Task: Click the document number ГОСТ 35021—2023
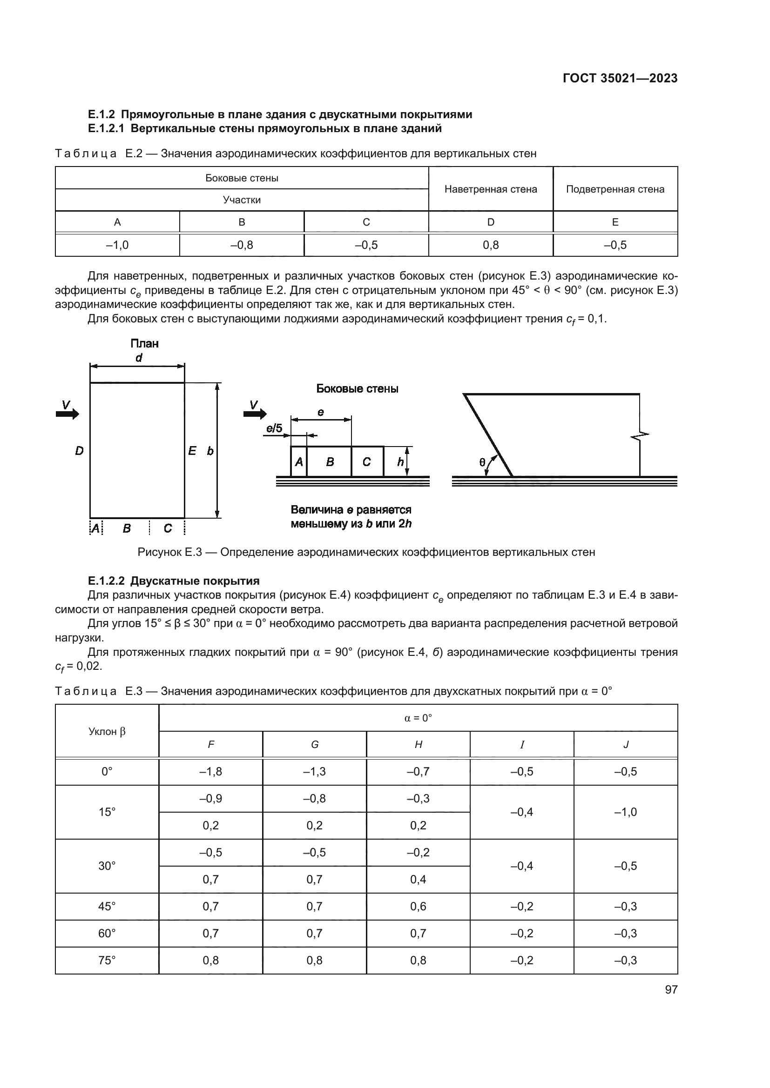(620, 78)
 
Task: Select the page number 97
(671, 989)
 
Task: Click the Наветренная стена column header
(490, 189)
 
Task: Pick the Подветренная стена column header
(615, 189)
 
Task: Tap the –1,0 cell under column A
(117, 245)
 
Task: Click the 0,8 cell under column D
(490, 245)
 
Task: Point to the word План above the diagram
(144, 343)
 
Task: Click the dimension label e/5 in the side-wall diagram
(274, 428)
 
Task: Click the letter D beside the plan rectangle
(79, 451)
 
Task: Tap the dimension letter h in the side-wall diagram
(400, 461)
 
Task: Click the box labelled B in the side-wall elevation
(330, 461)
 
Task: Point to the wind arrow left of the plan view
(68, 414)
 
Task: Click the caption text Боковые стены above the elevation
(357, 388)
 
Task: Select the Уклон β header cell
(107, 731)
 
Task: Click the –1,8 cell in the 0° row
(210, 771)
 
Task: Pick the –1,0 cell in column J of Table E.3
(625, 812)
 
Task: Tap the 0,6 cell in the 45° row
(418, 906)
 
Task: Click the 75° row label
(107, 960)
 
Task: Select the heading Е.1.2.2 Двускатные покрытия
(174, 581)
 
